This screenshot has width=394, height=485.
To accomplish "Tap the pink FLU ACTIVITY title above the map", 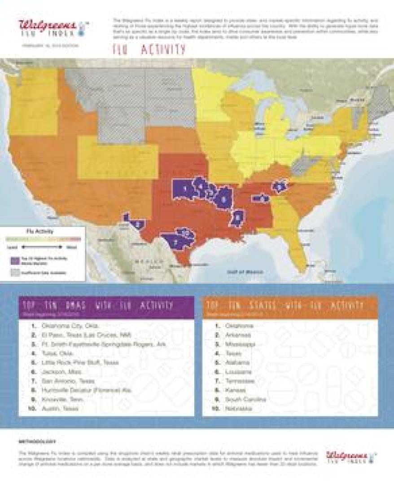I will (x=149, y=50).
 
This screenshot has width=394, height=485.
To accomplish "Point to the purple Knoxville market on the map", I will (x=280, y=186).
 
